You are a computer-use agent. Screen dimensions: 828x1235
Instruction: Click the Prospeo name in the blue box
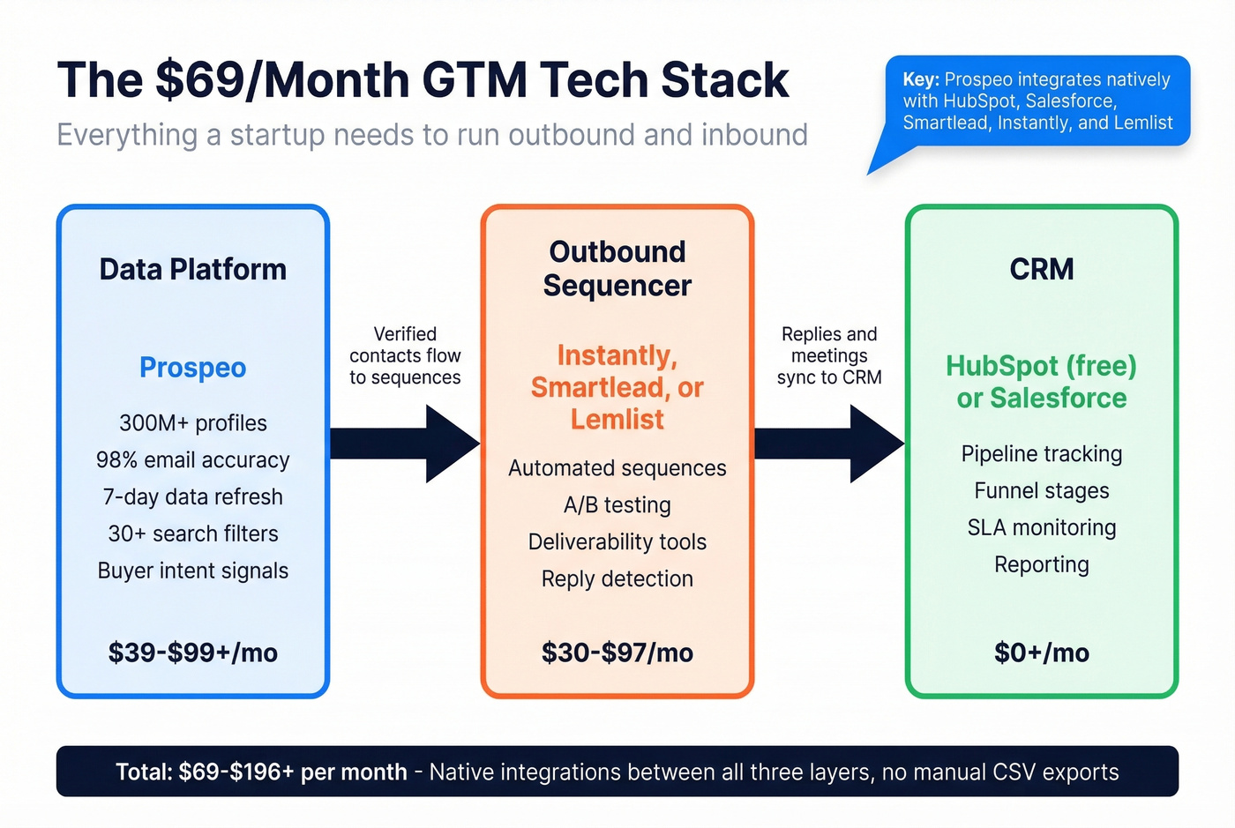tap(192, 367)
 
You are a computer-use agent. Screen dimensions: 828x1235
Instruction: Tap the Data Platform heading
tap(192, 269)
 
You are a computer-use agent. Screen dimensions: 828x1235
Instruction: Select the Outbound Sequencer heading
tap(617, 268)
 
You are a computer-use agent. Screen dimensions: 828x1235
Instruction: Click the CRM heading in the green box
tap(1041, 269)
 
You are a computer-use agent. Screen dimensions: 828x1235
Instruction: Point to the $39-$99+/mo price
tap(192, 653)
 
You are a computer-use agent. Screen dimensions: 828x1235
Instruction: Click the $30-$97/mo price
tap(617, 653)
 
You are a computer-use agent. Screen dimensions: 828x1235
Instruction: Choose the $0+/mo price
tap(1041, 653)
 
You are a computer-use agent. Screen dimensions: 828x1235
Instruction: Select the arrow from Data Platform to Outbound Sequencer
tap(405, 444)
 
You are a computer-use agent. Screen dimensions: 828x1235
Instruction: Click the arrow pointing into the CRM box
tap(829, 444)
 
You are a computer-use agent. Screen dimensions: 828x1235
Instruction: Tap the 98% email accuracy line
tap(192, 459)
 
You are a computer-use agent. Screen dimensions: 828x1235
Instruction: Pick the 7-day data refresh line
tap(192, 496)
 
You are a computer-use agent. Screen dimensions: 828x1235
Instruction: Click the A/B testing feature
tap(617, 504)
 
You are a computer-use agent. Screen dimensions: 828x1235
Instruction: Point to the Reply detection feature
tap(617, 578)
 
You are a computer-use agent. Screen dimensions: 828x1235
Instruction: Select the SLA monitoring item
tap(1041, 527)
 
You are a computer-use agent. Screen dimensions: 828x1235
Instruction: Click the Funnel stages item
tap(1041, 490)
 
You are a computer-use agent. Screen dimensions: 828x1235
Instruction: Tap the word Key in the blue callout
tap(920, 79)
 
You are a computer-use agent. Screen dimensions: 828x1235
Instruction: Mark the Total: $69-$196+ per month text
tap(261, 772)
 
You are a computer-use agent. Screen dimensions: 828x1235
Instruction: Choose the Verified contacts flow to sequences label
tap(405, 355)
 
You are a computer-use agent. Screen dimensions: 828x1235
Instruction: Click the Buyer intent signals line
tap(192, 571)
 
